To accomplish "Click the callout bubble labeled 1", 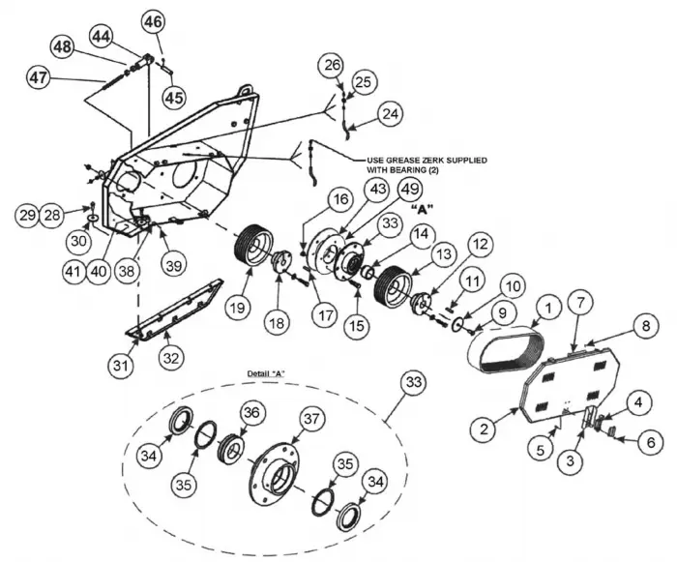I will (x=547, y=309).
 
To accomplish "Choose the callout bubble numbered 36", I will (x=251, y=412).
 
